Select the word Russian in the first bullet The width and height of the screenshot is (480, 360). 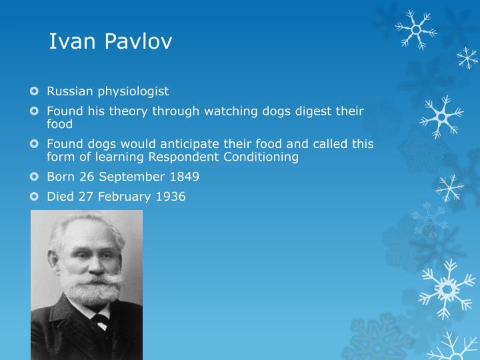click(69, 91)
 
